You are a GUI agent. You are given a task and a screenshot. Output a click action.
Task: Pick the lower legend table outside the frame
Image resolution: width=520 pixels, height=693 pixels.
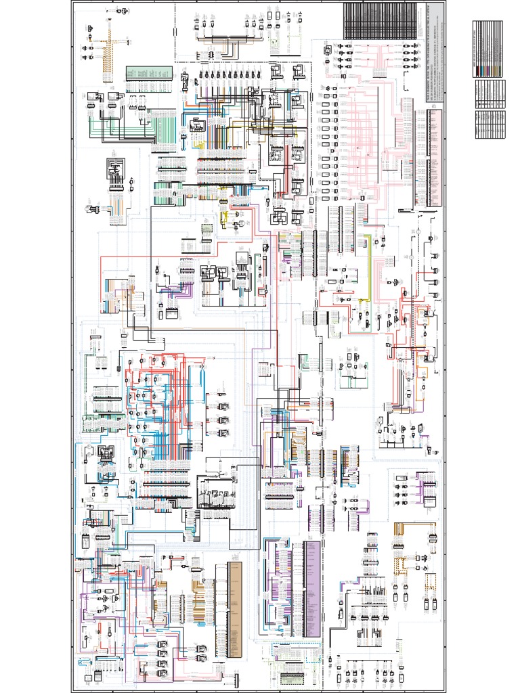(x=490, y=109)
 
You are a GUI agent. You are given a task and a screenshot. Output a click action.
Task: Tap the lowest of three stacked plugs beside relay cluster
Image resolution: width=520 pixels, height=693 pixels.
(x=223, y=432)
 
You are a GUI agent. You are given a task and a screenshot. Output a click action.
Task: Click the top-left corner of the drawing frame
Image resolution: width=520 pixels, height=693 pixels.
(x=71, y=2)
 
